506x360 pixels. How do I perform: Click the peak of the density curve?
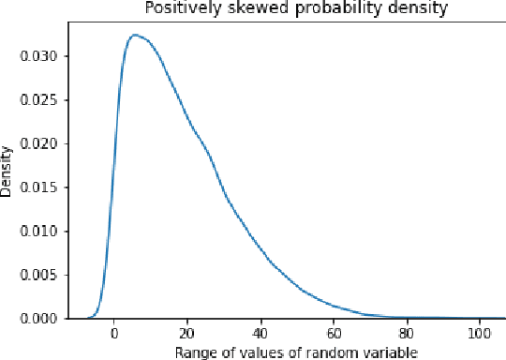[135, 36]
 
